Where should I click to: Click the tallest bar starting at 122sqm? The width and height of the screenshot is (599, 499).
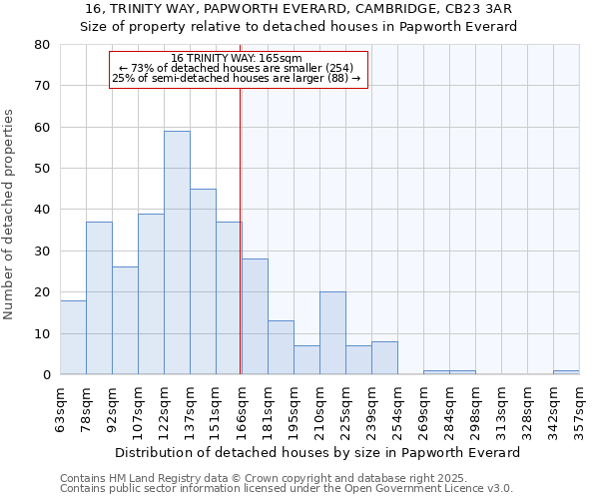coord(177,252)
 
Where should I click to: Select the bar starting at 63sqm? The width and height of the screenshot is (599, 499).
coord(73,337)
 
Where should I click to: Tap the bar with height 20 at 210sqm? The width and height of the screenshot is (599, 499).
coord(332,333)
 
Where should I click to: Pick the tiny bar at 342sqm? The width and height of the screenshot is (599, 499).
coord(566,372)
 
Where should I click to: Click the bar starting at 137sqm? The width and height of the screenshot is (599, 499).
coord(203,281)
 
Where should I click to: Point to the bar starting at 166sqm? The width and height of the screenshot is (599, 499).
coord(255,316)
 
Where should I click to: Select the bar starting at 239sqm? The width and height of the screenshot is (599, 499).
coord(384,358)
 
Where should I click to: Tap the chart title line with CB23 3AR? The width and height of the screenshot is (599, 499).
coord(299,8)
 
